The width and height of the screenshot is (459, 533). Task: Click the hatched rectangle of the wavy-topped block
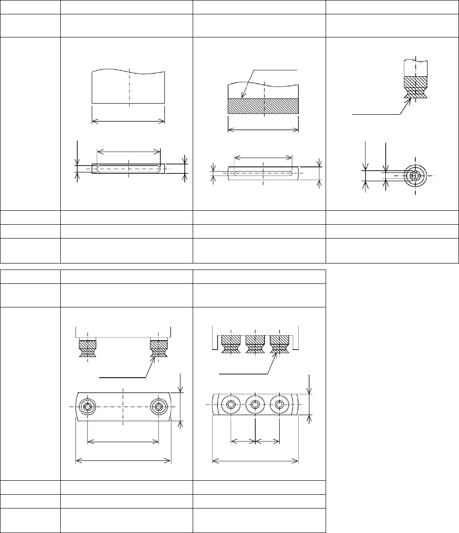pyautogui.click(x=264, y=106)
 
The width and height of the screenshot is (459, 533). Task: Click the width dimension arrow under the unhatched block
pyautogui.click(x=129, y=121)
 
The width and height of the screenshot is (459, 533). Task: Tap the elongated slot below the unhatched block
pyautogui.click(x=129, y=169)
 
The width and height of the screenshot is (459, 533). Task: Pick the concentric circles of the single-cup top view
pyautogui.click(x=415, y=176)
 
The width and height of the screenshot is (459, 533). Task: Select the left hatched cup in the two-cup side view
pyautogui.click(x=88, y=349)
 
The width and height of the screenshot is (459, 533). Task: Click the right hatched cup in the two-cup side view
pyautogui.click(x=159, y=349)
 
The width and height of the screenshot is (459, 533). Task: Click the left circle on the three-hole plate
pyautogui.click(x=231, y=404)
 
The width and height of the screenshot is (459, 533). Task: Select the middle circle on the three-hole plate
pyautogui.click(x=255, y=404)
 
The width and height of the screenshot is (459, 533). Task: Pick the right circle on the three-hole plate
pyautogui.click(x=279, y=404)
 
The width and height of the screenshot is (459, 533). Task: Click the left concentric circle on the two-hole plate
pyautogui.click(x=88, y=407)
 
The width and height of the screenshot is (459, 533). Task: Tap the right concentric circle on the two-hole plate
pyautogui.click(x=159, y=407)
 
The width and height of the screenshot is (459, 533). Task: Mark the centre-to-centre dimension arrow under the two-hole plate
pyautogui.click(x=123, y=441)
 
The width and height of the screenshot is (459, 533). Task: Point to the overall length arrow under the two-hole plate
pyautogui.click(x=123, y=460)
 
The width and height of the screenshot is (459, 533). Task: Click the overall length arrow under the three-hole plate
pyautogui.click(x=255, y=460)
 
